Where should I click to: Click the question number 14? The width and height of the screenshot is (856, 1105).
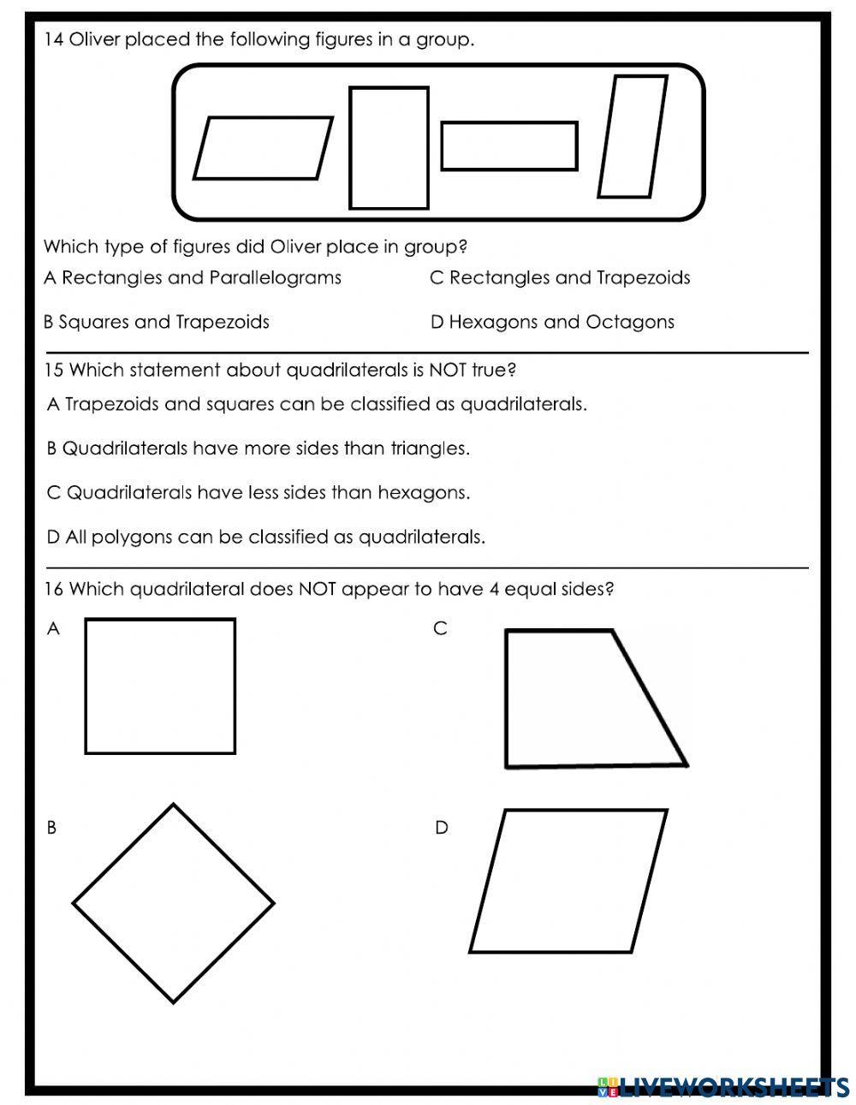click(x=53, y=39)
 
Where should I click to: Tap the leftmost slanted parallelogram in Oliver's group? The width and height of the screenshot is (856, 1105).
click(x=263, y=148)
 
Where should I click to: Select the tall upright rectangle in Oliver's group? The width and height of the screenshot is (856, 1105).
click(x=389, y=148)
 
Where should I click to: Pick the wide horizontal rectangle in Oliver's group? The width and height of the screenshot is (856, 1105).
click(x=509, y=146)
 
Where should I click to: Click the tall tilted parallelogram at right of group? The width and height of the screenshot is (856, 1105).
click(x=632, y=137)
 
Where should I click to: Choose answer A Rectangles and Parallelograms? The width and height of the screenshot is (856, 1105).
click(x=193, y=278)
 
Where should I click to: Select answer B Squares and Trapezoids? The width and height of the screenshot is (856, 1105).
click(x=157, y=323)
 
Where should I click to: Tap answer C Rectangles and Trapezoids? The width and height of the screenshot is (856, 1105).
click(x=560, y=278)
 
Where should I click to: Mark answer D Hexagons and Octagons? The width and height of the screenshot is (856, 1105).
click(x=552, y=323)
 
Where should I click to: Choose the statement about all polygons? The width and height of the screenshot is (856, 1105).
click(x=266, y=538)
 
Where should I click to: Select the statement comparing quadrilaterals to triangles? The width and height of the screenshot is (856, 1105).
click(x=258, y=449)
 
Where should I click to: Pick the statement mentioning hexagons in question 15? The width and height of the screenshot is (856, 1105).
click(x=259, y=493)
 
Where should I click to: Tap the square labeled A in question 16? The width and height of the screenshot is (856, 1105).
click(x=160, y=686)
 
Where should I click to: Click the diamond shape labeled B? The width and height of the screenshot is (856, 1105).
click(x=173, y=903)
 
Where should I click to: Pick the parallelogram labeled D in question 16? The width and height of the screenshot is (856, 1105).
click(x=568, y=881)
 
